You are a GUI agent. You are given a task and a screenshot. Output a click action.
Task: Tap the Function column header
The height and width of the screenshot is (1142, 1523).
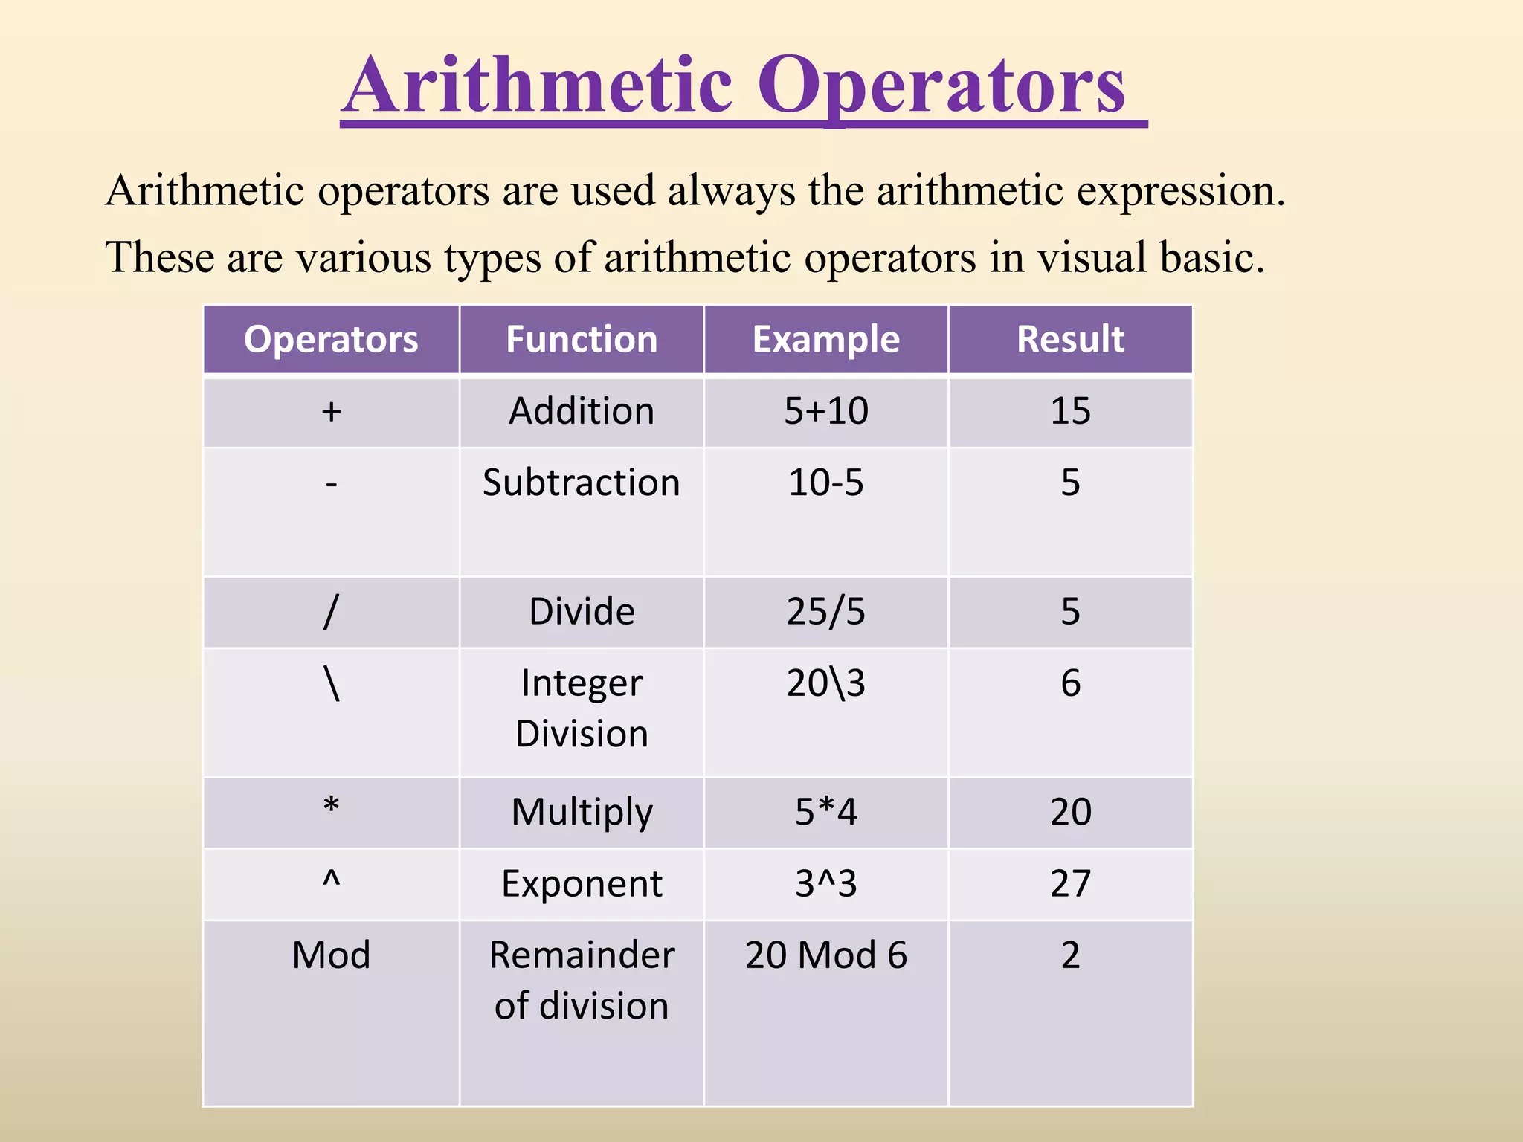pos(582,340)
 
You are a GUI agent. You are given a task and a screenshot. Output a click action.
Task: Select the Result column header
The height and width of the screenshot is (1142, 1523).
pos(1070,340)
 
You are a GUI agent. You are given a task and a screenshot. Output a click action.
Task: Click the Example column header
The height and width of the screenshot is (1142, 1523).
pos(826,340)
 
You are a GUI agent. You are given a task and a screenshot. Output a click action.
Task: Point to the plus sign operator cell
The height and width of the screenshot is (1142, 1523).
pos(332,411)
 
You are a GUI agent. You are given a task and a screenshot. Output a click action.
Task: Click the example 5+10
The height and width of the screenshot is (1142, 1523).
pos(826,411)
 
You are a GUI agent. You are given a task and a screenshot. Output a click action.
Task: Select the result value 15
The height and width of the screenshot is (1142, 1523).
pos(1070,411)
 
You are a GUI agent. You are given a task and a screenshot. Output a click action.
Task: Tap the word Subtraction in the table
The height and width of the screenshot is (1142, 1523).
pos(582,483)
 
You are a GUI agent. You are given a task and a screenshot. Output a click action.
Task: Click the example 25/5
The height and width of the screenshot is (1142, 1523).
pos(826,611)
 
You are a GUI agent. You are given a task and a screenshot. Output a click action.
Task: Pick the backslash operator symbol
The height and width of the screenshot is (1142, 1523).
pos(332,683)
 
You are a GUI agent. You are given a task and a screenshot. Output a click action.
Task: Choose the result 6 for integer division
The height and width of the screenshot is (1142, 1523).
pos(1070,683)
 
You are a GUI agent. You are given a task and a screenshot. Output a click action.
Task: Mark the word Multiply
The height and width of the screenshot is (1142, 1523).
pos(582,812)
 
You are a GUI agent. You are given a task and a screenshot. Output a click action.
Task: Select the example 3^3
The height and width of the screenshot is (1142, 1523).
pos(826,884)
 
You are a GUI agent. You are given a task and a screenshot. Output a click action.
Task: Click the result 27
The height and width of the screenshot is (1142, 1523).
pos(1070,884)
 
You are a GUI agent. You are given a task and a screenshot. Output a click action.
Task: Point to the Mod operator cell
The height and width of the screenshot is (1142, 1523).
pos(332,955)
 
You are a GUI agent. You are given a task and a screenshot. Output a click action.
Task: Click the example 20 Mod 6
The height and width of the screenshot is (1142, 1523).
pos(826,955)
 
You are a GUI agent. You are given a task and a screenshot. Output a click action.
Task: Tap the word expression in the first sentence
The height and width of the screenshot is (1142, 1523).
pos(1180,192)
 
